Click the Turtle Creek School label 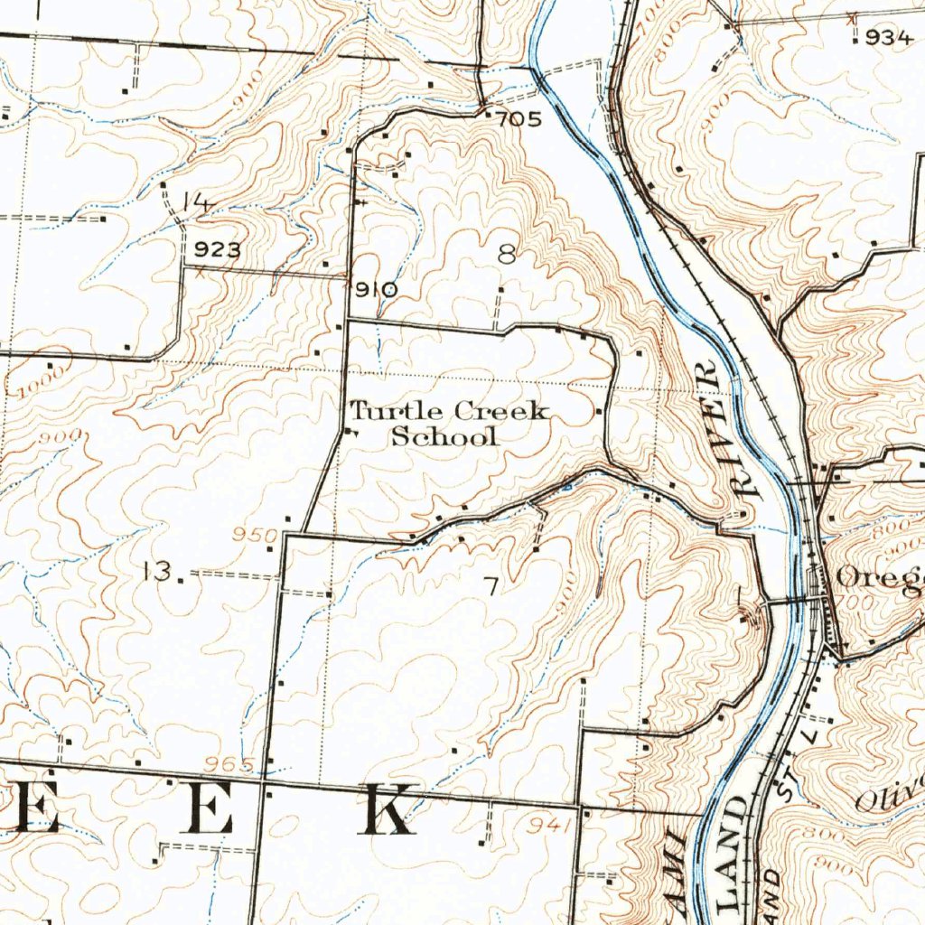click(x=449, y=424)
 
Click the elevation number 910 click(x=375, y=290)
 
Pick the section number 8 click(x=508, y=256)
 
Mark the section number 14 click(x=196, y=203)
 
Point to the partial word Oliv click(x=890, y=792)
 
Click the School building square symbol click(x=351, y=433)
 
